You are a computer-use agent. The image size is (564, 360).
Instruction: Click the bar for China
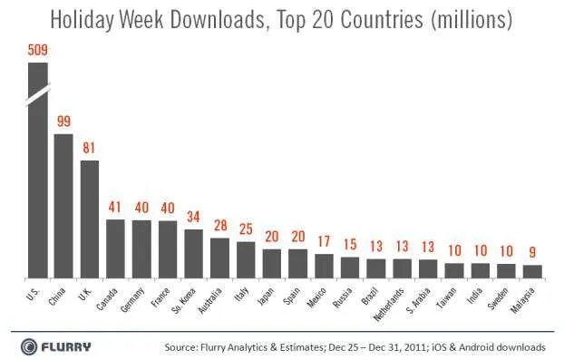click(63, 206)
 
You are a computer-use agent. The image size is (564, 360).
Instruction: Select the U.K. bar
click(90, 219)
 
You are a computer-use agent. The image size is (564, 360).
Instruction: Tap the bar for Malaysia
click(532, 271)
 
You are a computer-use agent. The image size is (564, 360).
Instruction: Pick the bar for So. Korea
click(194, 254)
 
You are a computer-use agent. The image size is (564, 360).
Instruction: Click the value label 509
click(38, 50)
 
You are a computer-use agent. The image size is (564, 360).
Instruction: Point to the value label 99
click(64, 122)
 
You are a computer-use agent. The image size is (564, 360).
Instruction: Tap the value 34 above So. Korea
click(193, 217)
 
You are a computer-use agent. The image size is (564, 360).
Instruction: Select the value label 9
click(532, 252)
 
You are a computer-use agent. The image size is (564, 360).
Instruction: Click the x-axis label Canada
click(107, 299)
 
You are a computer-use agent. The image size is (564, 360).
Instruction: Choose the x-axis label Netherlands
click(389, 305)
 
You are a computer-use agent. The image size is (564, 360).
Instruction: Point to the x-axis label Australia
click(209, 301)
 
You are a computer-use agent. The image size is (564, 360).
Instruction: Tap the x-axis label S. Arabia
click(419, 301)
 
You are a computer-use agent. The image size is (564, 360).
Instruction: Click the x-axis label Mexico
click(316, 297)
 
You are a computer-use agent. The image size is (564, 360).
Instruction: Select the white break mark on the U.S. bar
click(38, 95)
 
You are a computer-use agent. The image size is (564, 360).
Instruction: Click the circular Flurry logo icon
click(29, 347)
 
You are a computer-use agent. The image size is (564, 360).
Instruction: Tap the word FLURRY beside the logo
click(66, 347)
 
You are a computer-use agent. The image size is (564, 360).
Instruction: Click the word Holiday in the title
click(82, 19)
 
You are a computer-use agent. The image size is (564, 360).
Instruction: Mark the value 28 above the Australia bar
click(220, 226)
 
